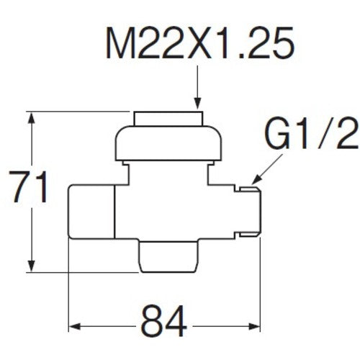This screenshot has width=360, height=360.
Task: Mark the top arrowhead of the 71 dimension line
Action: [30, 117]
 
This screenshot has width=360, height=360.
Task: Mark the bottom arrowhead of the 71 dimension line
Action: [30, 268]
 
